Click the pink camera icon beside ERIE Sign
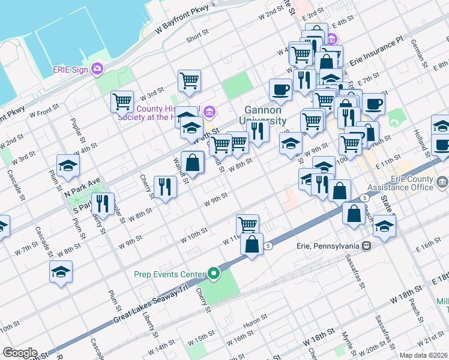click(x=97, y=69)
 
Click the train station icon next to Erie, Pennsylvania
click(x=365, y=245)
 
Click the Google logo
click(x=20, y=353)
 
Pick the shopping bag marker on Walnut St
click(x=192, y=161)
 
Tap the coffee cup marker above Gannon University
click(x=280, y=90)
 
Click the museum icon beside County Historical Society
click(x=210, y=112)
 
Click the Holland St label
click(x=418, y=141)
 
